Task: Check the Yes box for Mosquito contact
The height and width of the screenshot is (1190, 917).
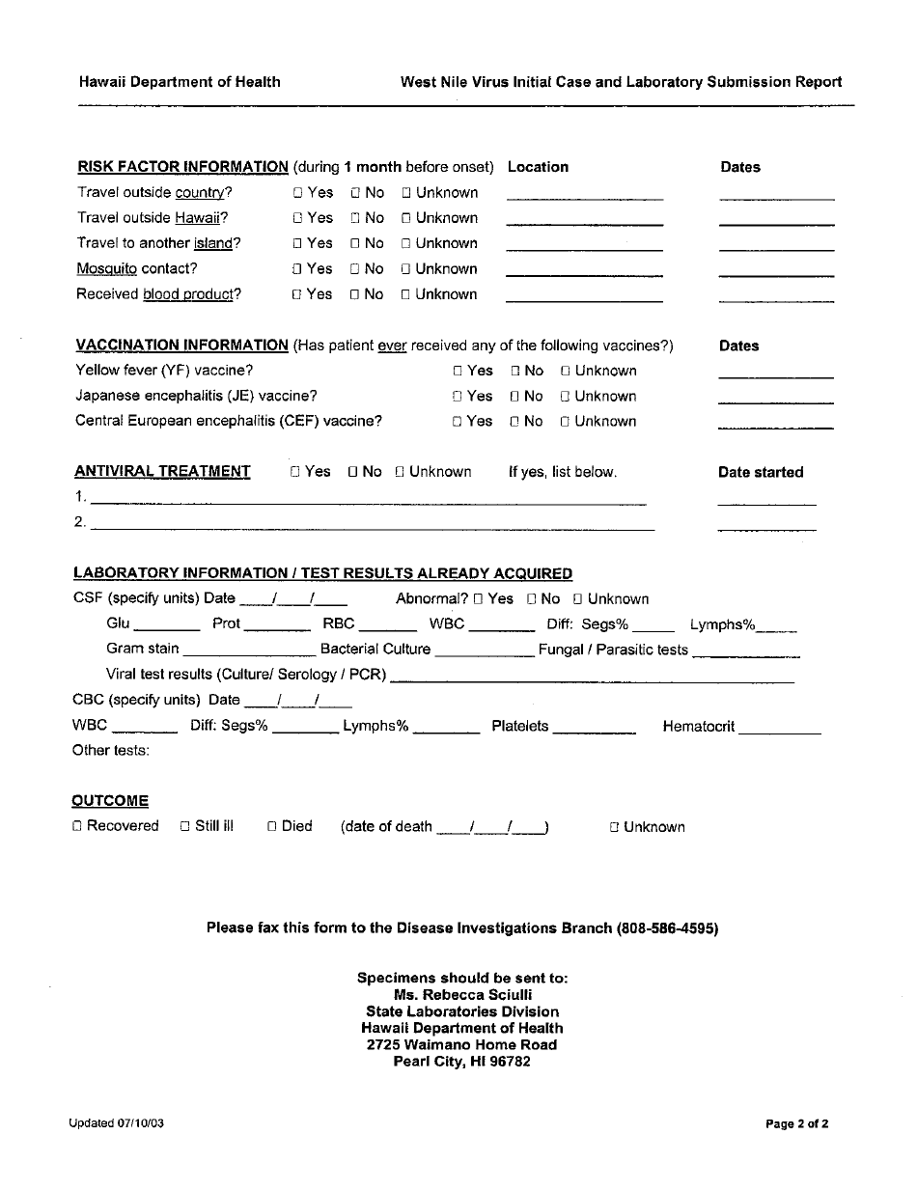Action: [x=298, y=269]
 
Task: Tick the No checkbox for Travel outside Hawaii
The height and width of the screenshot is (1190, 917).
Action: [x=355, y=218]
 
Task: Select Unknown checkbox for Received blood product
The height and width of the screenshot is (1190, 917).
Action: [x=406, y=294]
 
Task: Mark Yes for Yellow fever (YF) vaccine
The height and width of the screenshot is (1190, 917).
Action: [x=458, y=371]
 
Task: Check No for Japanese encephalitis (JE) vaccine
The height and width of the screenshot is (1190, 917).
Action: [x=515, y=397]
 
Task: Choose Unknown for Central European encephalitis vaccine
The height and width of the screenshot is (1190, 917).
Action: [x=566, y=422]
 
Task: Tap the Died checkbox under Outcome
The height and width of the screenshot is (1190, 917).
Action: [x=273, y=826]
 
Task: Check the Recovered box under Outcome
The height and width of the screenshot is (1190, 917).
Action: [x=78, y=826]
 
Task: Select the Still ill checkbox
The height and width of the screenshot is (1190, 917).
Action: [x=186, y=826]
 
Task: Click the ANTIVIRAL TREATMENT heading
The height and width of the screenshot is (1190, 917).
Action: [x=162, y=472]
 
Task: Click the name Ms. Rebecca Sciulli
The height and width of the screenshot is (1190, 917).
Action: [x=462, y=994]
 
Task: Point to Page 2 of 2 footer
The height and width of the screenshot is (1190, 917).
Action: [x=797, y=1123]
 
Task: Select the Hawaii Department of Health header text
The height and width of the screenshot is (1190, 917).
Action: [x=180, y=82]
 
